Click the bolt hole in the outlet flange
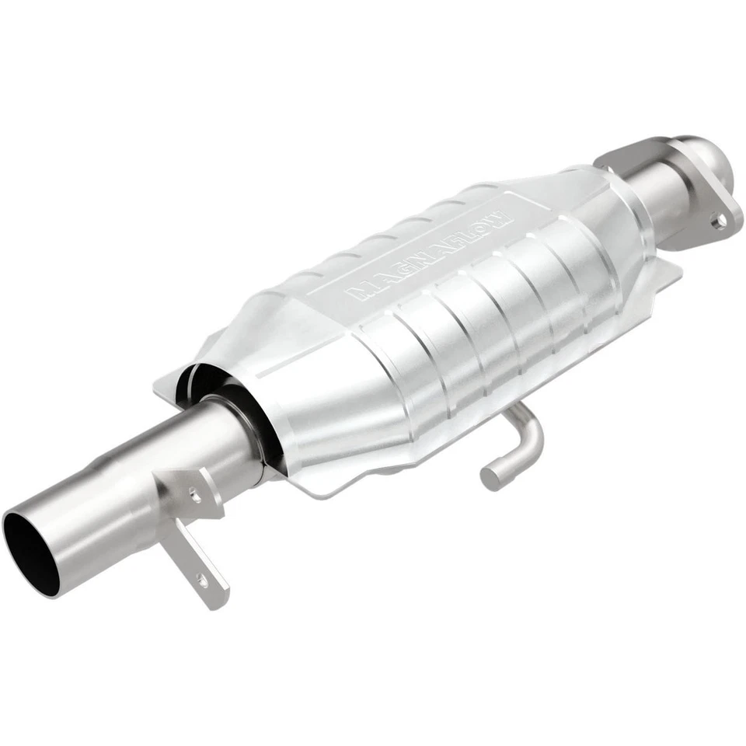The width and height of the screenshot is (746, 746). [720, 221]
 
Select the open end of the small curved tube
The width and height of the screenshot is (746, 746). [490, 476]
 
